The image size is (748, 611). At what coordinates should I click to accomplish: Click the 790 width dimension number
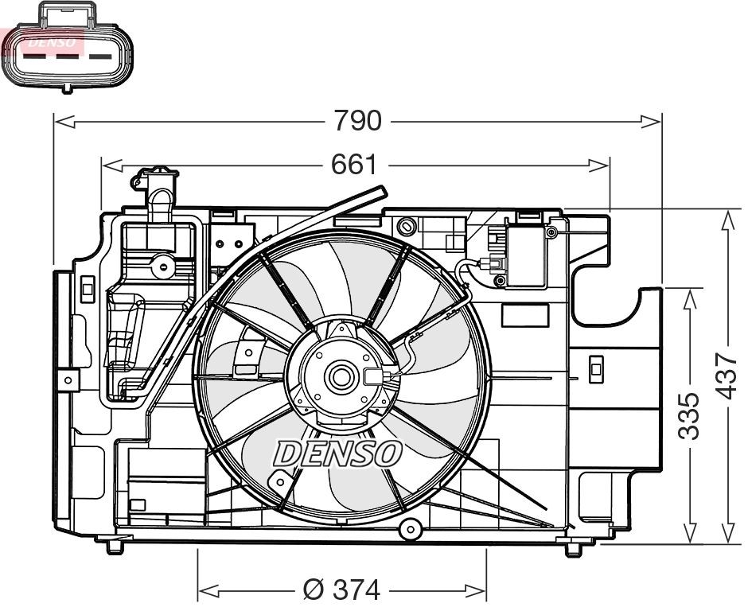click(x=357, y=121)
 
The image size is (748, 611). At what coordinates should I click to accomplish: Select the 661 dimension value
click(x=353, y=165)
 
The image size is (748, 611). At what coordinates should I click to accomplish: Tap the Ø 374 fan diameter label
click(x=342, y=590)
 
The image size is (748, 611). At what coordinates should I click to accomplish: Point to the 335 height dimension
click(x=690, y=415)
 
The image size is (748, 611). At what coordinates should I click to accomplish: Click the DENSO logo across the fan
click(x=337, y=453)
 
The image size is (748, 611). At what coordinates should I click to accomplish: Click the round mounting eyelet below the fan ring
click(x=410, y=528)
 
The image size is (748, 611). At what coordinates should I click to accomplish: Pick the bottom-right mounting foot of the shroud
click(x=574, y=548)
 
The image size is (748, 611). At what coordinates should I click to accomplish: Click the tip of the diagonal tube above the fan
click(x=381, y=192)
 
